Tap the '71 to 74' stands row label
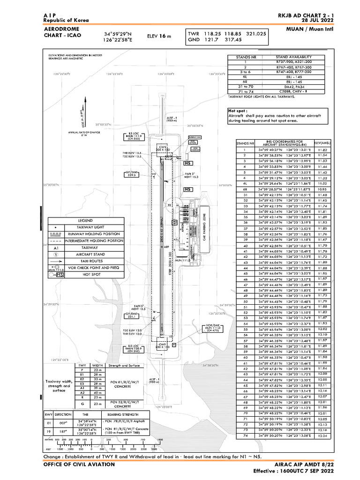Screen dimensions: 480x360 coord(245,91)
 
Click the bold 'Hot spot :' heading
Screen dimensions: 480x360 coord(238,110)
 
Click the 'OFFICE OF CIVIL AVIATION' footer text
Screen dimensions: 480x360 coord(79,464)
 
